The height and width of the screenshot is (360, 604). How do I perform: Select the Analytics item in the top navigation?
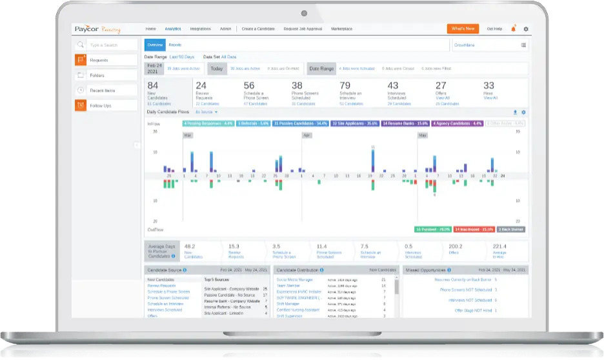(172, 29)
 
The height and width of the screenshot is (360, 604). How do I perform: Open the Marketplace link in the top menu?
(341, 29)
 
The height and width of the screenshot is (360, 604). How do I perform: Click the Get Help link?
(494, 29)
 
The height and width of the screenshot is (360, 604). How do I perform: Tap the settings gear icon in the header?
(526, 29)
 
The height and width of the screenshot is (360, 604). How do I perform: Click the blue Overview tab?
(154, 45)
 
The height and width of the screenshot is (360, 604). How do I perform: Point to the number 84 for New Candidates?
(153, 85)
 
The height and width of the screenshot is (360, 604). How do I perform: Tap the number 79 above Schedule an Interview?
(345, 85)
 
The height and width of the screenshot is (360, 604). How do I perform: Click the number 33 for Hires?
(488, 85)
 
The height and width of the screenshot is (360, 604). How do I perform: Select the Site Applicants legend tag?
(354, 123)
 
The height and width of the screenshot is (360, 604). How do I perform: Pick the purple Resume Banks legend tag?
(405, 123)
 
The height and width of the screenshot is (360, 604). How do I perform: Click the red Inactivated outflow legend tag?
(474, 229)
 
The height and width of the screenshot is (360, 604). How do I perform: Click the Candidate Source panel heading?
(164, 270)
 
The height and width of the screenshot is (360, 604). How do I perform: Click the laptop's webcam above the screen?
(303, 12)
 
